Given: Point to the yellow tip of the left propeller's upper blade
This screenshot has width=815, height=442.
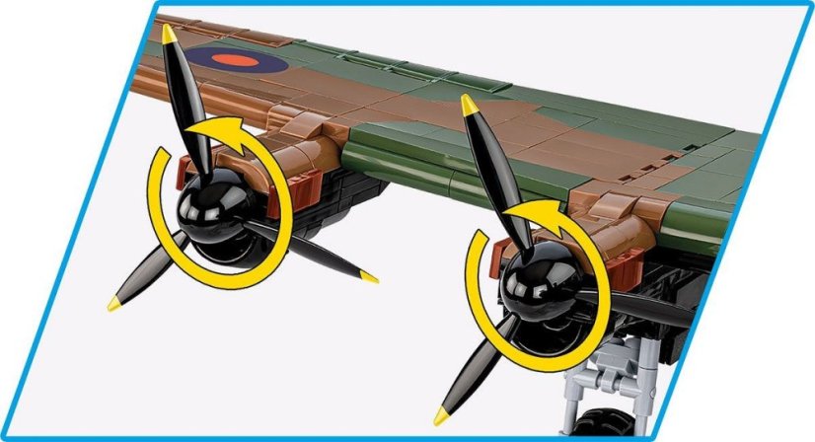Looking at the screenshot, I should click(x=170, y=35).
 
